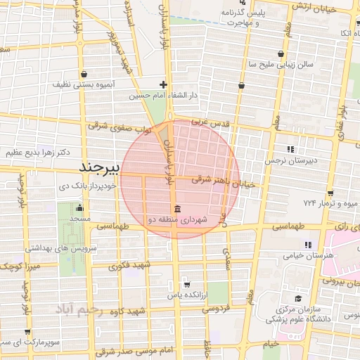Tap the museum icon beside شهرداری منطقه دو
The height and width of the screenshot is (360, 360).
pyautogui.click(x=176, y=210)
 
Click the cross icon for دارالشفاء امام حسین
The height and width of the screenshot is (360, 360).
pyautogui.click(x=163, y=84)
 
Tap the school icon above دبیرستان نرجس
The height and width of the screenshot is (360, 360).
pyautogui.click(x=291, y=149)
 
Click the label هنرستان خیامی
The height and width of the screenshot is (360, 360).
pyautogui.click(x=307, y=255)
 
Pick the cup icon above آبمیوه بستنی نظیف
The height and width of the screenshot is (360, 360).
pyautogui.click(x=84, y=73)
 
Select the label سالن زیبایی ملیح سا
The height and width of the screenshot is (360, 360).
pyautogui.click(x=279, y=64)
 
